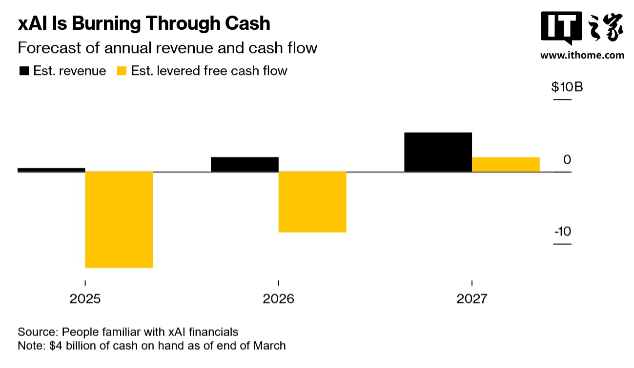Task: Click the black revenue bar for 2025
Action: pos(51,170)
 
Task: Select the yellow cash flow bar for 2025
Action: pos(119,219)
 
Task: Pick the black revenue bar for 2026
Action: pos(245,164)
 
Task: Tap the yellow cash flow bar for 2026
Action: pos(312,202)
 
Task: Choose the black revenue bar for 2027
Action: pos(438,152)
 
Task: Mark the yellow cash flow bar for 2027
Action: pos(506,164)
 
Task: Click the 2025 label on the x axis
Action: pos(85,298)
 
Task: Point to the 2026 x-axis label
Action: pos(278,298)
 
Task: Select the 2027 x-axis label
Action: pos(471,298)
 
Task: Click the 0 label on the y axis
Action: pos(567,160)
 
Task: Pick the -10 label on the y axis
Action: pos(562,231)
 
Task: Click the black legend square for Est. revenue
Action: pos(23,71)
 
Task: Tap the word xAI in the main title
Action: pos(32,23)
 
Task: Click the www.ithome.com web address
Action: pos(582,55)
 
